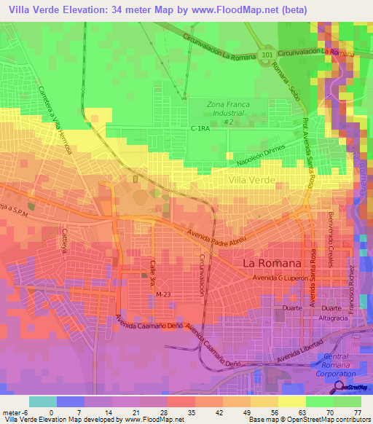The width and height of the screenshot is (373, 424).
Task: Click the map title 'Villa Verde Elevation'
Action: point(66,9)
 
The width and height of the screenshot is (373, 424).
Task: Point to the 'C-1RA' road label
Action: point(200,128)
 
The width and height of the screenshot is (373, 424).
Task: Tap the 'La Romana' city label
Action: point(270,262)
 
